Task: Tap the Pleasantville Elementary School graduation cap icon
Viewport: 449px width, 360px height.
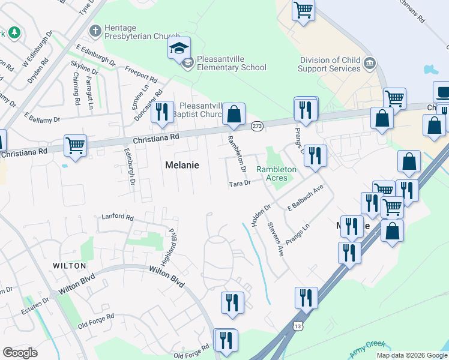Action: tap(179, 48)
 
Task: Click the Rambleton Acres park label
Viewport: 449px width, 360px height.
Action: tap(277, 173)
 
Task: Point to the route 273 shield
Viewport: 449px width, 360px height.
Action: tap(258, 126)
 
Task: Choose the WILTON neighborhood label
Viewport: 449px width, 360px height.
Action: tap(70, 265)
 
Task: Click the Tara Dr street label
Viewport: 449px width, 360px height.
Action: tap(240, 184)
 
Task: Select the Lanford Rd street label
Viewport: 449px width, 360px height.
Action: tap(118, 216)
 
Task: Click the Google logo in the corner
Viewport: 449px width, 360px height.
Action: tap(20, 353)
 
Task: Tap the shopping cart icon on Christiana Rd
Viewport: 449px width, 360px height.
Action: tap(75, 145)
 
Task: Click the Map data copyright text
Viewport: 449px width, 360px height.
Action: tap(412, 355)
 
